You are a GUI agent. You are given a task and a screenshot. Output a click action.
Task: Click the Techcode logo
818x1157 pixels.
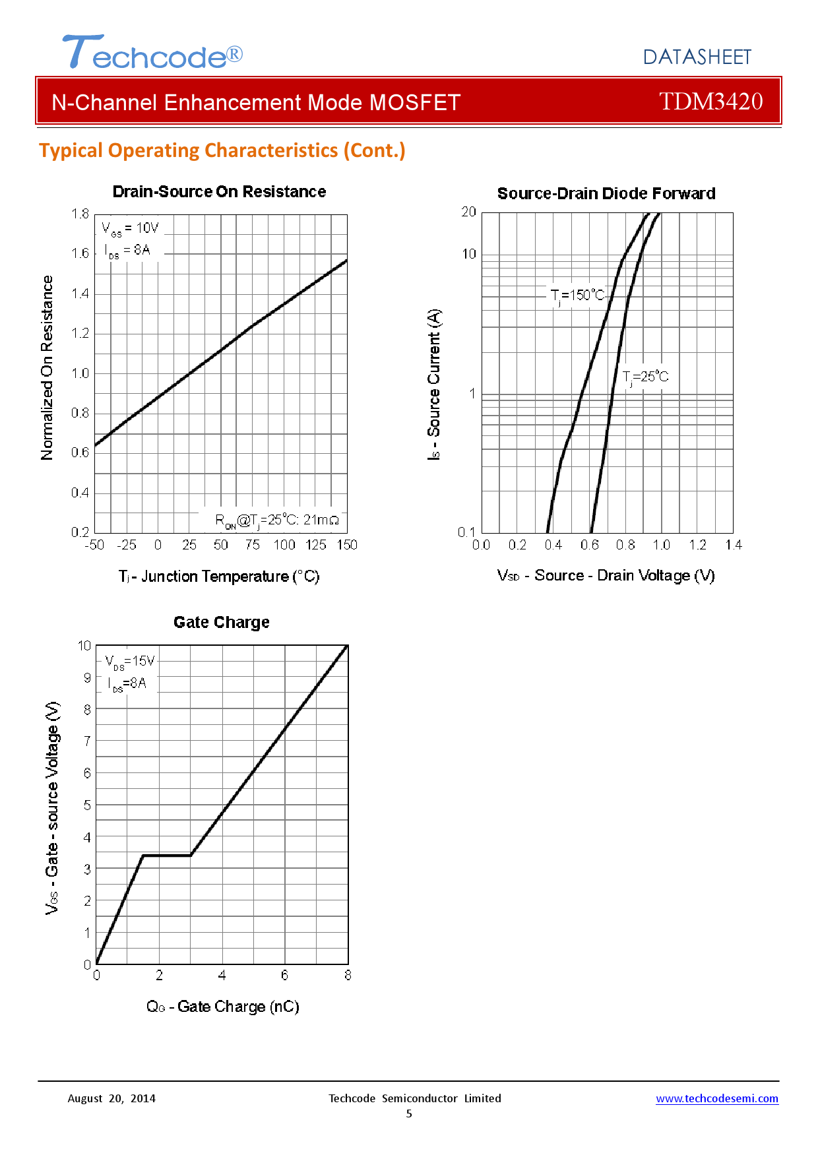point(152,53)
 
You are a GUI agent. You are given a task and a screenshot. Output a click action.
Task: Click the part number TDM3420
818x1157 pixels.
point(710,102)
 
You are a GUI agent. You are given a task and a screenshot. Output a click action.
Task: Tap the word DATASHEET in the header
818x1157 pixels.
point(697,57)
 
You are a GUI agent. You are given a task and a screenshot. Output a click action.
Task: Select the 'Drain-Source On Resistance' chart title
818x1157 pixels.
point(219,192)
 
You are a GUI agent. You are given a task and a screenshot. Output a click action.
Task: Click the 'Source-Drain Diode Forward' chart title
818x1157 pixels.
point(606,194)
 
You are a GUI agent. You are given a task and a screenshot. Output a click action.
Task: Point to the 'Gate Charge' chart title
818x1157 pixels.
point(221,623)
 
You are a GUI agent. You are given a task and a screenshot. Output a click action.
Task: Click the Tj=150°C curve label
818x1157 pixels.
point(577,295)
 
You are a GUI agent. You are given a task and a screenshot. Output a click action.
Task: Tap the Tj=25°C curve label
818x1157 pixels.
point(645,377)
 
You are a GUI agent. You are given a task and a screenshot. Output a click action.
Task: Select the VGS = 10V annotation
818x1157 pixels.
point(130,228)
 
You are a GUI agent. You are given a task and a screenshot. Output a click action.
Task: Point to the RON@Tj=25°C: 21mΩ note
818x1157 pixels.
point(277,520)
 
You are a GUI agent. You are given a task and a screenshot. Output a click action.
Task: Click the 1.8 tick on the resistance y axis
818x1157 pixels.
point(80,214)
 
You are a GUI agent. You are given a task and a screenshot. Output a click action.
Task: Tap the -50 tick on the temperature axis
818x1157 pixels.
point(94,545)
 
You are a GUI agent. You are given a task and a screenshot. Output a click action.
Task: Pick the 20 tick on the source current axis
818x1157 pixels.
point(468,212)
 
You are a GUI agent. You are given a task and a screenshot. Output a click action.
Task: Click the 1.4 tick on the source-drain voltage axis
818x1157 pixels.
point(733,545)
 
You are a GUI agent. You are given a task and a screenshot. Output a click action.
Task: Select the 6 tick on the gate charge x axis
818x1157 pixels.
point(284,975)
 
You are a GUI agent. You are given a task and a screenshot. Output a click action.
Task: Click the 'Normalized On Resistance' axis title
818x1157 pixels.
point(47,367)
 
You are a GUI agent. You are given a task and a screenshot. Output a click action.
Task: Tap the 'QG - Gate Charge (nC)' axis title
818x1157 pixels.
point(222,1007)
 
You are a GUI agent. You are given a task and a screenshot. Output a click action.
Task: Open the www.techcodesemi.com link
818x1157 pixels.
point(716,1098)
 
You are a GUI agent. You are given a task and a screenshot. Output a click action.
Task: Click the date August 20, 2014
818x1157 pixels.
point(111,1098)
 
